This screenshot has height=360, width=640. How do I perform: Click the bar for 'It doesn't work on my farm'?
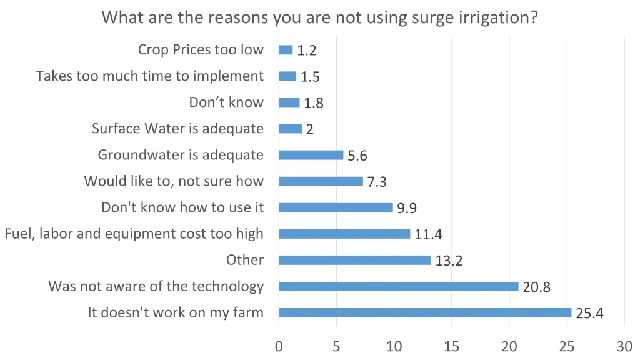tap(425, 312)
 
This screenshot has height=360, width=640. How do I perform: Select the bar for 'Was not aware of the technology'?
tap(399, 286)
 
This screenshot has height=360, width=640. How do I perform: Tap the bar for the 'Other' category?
tap(355, 260)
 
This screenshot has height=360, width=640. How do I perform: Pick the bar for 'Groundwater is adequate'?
tap(311, 155)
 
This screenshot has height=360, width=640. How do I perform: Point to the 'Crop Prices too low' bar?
tap(286, 50)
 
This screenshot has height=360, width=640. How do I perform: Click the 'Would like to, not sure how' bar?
tap(321, 181)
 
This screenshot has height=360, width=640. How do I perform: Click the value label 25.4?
tap(589, 314)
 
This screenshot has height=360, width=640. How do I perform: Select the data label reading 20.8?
tap(536, 287)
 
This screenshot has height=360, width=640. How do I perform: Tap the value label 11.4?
tap(428, 235)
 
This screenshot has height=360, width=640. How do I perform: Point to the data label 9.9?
tap(406, 209)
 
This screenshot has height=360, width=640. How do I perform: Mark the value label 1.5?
tap(310, 77)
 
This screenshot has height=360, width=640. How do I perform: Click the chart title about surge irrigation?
tap(320, 17)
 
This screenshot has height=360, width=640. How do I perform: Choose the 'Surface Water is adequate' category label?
tap(177, 129)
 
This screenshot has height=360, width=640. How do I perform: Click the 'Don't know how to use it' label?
tap(182, 207)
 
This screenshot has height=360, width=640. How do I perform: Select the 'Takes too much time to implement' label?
tap(150, 76)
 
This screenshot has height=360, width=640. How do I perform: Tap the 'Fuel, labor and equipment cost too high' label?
tap(134, 234)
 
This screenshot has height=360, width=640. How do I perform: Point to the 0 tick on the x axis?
tap(279, 346)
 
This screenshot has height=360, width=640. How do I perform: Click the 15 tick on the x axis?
tap(451, 346)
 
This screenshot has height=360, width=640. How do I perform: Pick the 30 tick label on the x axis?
tap(624, 346)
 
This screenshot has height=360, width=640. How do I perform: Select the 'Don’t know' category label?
tap(226, 102)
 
